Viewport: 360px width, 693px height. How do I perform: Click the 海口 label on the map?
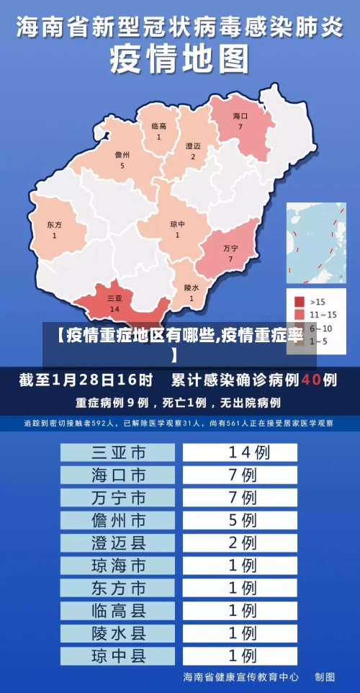[x=240, y=116]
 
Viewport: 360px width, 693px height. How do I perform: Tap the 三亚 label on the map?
[x=114, y=298]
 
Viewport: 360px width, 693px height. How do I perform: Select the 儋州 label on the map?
[x=122, y=155]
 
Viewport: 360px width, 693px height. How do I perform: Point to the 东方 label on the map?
[x=54, y=225]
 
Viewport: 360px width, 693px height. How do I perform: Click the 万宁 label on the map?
[x=230, y=248]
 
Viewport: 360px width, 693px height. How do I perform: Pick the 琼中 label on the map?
[x=177, y=224]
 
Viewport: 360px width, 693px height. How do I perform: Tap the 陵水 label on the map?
[x=192, y=287]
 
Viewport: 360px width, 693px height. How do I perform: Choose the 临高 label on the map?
[x=159, y=126]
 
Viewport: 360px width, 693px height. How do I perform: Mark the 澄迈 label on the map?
[x=193, y=146]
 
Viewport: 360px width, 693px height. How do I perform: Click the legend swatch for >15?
[x=300, y=301]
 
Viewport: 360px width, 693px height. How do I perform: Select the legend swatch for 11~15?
[x=300, y=315]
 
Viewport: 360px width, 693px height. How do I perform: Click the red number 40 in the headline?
[x=310, y=379]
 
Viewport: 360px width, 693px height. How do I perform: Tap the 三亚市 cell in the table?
[x=118, y=452]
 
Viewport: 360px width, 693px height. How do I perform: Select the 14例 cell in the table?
[x=240, y=452]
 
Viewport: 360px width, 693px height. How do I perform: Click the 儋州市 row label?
[x=118, y=519]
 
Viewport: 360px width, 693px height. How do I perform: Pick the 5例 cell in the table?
[x=240, y=519]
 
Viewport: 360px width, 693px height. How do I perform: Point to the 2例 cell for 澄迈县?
[x=240, y=542]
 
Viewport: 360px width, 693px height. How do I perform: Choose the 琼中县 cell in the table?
[x=118, y=656]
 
